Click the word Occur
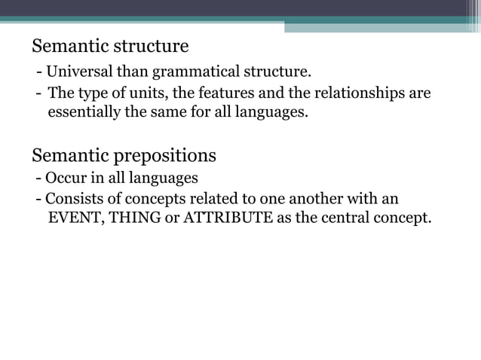click(x=65, y=179)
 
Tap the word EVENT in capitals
click(x=75, y=220)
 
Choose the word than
click(x=133, y=72)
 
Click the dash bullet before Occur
click(x=38, y=179)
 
